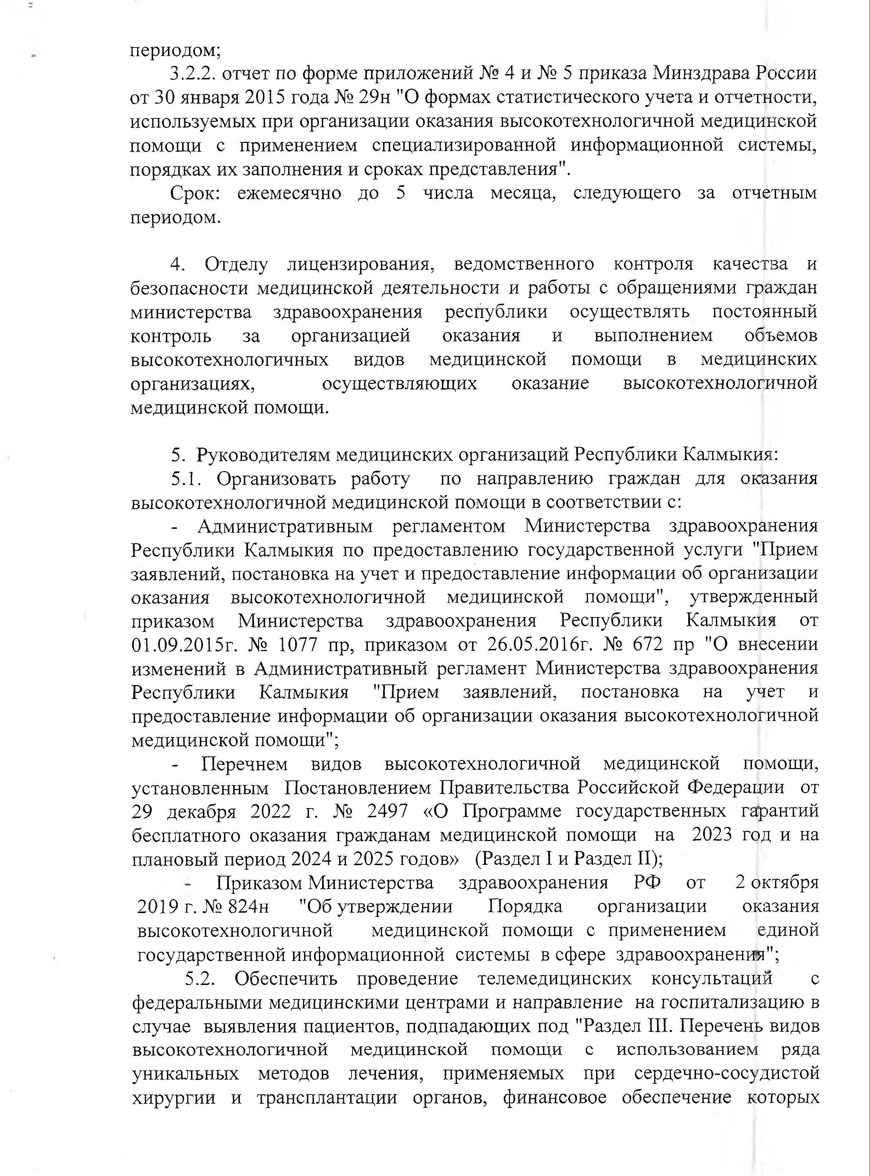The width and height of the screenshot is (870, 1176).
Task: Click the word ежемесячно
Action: (x=288, y=193)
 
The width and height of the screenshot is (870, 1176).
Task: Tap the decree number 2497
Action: (x=388, y=812)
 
